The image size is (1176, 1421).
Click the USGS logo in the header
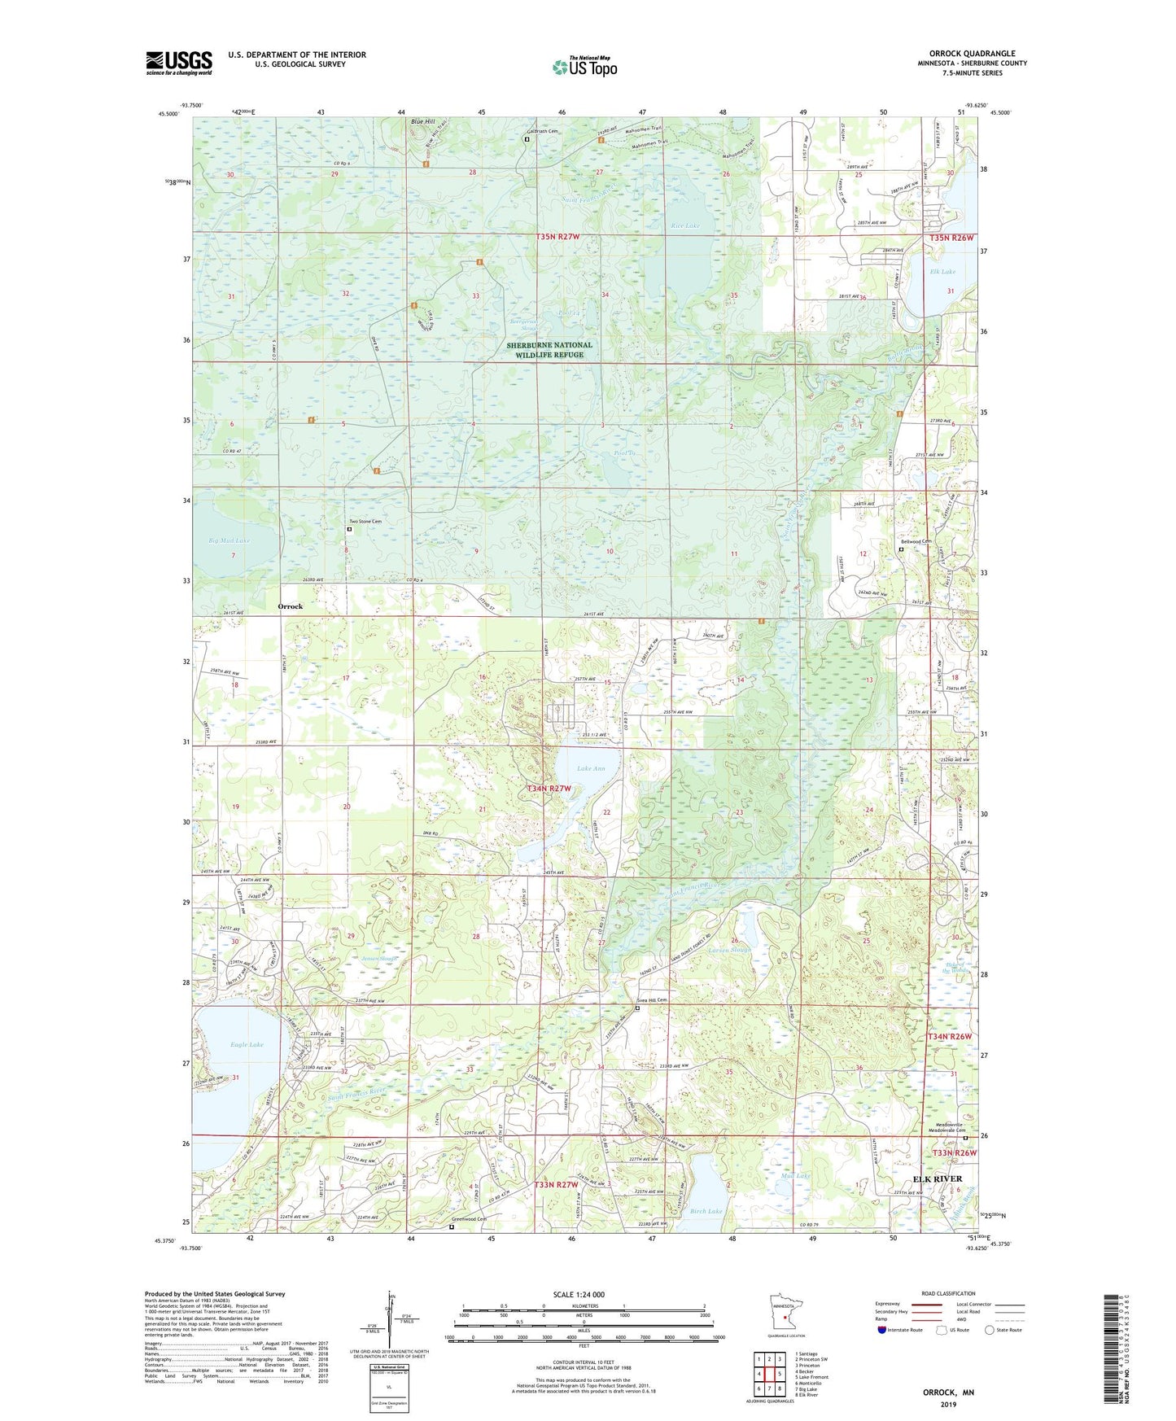(x=179, y=63)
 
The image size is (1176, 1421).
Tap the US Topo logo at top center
(x=584, y=67)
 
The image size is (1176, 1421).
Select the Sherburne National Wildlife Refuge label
(x=549, y=350)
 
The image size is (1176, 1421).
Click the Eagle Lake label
(x=247, y=1044)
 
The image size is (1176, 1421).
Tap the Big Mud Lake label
(x=229, y=540)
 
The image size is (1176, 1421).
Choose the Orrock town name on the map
(x=290, y=606)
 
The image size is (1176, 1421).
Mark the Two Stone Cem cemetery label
(x=365, y=522)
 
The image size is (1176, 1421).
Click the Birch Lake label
(x=706, y=1211)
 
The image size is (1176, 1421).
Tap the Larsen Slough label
(x=729, y=950)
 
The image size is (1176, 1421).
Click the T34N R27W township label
(x=549, y=789)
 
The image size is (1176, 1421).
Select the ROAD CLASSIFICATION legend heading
(x=947, y=1293)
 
